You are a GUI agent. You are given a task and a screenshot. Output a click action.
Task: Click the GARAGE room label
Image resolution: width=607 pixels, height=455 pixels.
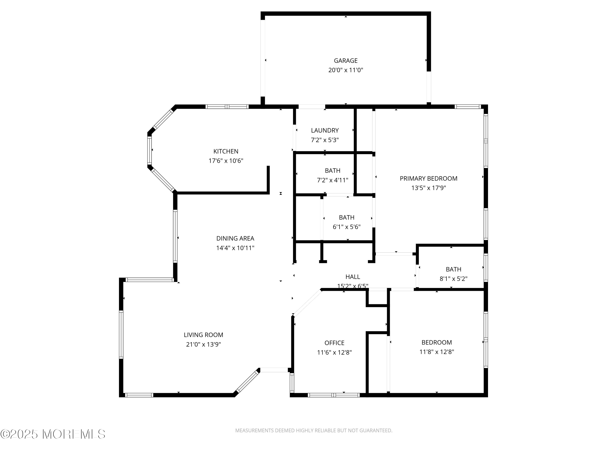346,61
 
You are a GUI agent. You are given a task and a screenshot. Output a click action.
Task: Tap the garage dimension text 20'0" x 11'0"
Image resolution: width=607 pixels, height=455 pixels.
346,70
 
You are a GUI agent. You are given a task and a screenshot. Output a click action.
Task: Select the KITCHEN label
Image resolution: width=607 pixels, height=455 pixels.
226,151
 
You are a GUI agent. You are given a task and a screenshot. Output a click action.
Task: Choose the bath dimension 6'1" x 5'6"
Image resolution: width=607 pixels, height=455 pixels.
347,227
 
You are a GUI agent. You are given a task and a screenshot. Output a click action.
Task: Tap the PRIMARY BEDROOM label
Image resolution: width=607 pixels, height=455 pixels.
428,179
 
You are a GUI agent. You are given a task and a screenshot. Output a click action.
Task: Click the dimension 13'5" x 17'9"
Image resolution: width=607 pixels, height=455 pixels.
428,188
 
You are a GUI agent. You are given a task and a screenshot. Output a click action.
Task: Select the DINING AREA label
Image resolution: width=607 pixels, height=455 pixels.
235,238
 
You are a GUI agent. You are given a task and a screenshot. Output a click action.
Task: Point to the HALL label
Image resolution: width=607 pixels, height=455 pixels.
353,277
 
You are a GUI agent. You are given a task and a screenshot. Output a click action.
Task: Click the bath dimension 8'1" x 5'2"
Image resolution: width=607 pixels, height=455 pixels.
453,279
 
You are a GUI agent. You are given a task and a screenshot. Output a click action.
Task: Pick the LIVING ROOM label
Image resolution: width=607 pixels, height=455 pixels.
203,335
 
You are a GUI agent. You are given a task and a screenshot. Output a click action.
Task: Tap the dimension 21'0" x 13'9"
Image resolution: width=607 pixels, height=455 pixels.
203,344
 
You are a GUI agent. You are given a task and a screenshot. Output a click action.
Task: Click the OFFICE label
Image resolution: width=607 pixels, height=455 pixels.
334,343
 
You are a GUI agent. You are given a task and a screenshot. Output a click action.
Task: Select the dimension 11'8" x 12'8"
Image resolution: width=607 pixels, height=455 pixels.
437,352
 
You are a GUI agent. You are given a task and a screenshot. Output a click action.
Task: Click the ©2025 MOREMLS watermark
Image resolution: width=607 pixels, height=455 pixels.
53,434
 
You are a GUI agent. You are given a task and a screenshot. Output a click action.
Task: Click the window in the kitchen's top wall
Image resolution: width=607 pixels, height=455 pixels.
227,107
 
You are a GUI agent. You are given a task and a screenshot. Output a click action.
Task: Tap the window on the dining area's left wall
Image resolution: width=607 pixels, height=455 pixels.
175,236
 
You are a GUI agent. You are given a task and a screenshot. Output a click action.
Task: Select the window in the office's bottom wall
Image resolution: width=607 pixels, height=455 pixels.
333,395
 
